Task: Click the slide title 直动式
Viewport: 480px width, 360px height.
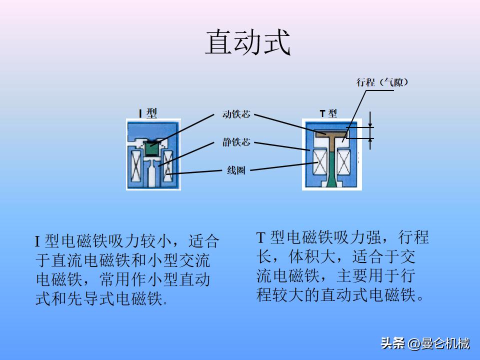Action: [x=247, y=42]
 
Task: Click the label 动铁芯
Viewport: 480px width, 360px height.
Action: [x=236, y=114]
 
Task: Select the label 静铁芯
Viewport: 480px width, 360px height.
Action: [x=236, y=142]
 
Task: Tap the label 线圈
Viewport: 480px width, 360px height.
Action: [x=236, y=170]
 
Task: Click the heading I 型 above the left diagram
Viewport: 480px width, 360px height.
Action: [x=148, y=113]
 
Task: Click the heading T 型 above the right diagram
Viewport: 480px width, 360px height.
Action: [x=328, y=113]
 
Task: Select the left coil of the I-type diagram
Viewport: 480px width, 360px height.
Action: [x=135, y=166]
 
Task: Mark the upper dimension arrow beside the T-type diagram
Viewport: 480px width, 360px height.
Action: [x=370, y=119]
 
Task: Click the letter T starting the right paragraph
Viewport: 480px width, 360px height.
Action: [x=260, y=237]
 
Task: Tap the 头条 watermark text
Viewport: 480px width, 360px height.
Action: [x=392, y=343]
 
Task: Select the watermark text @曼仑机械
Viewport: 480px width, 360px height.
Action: [x=438, y=343]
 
